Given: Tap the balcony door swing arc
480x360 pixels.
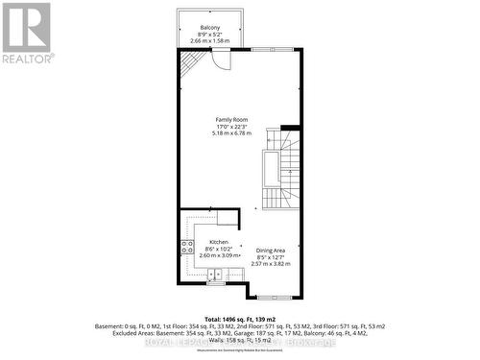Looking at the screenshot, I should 222,60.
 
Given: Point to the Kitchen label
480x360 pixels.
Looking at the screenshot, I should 218,242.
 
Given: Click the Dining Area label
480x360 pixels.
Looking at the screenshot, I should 270,250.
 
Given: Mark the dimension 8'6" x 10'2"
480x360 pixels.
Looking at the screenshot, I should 218,249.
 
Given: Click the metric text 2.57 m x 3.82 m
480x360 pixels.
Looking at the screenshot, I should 270,263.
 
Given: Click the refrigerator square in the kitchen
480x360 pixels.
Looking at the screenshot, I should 227,216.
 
